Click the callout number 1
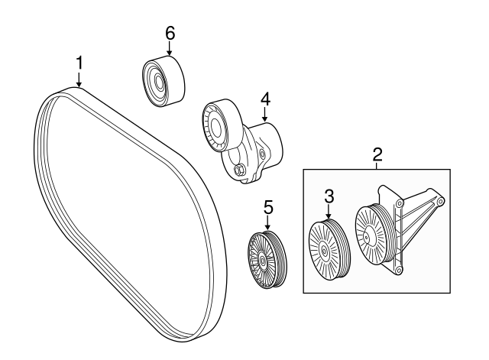coord(79,63)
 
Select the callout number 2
coord(377,155)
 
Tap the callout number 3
coord(329,197)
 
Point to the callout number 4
coord(265,99)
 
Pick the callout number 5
coord(268,207)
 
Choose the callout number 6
coord(170,33)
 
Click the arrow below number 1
coord(79,79)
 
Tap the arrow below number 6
coord(170,49)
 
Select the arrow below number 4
coord(265,115)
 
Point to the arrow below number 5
coord(267,223)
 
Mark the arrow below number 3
coord(329,212)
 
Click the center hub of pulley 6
coord(158,83)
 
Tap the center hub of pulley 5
coord(262,261)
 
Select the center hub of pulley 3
coord(324,251)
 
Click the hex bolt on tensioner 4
coord(239,170)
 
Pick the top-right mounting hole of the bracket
coord(440,202)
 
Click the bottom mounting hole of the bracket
coord(397,270)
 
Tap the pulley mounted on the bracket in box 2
coord(374,235)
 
